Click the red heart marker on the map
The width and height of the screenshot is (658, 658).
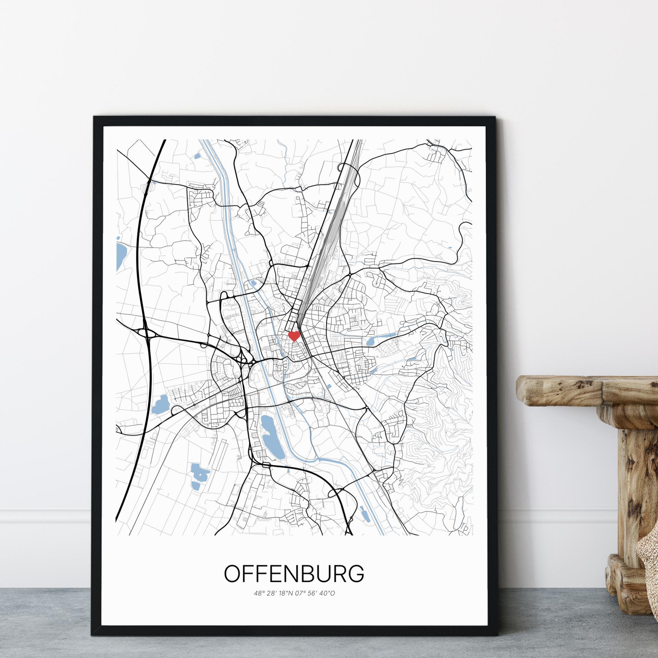click(294, 336)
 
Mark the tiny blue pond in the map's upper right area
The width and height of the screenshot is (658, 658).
click(450, 247)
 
